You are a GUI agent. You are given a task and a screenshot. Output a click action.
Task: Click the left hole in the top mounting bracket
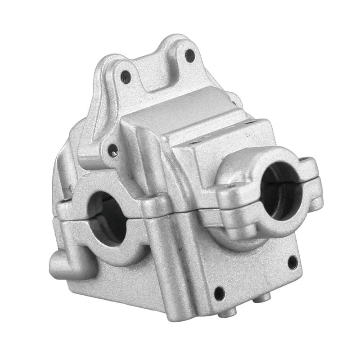[126, 77]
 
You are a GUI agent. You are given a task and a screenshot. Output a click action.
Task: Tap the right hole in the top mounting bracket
[190, 56]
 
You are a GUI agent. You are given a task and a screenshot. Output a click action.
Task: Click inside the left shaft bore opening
[108, 216]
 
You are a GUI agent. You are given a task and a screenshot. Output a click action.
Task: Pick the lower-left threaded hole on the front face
[219, 293]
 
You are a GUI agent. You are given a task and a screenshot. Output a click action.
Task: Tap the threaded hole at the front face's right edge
[292, 261]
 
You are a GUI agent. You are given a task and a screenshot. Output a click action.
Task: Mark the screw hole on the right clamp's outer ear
[309, 160]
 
